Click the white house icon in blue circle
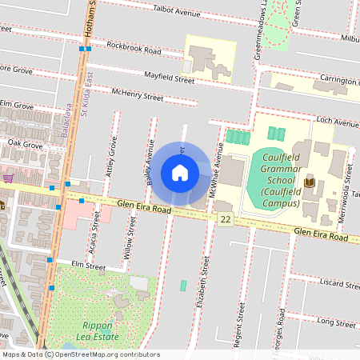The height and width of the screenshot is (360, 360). pyautogui.click(x=180, y=172)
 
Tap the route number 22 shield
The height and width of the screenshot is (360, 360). pyautogui.click(x=226, y=219)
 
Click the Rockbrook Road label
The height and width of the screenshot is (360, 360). pyautogui.click(x=134, y=50)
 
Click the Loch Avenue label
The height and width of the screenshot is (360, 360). pyautogui.click(x=337, y=122)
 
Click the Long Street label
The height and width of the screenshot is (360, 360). pyautogui.click(x=336, y=322)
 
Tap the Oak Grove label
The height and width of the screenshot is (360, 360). pyautogui.click(x=24, y=145)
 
